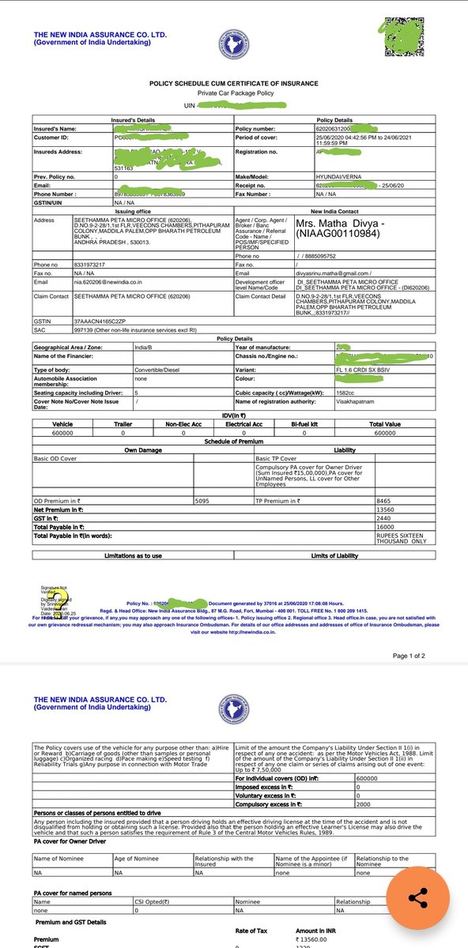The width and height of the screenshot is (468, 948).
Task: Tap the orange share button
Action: pos(418,900)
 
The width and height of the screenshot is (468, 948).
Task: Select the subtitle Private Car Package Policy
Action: pos(234,94)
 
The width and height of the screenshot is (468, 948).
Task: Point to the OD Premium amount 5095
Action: pos(228,501)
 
